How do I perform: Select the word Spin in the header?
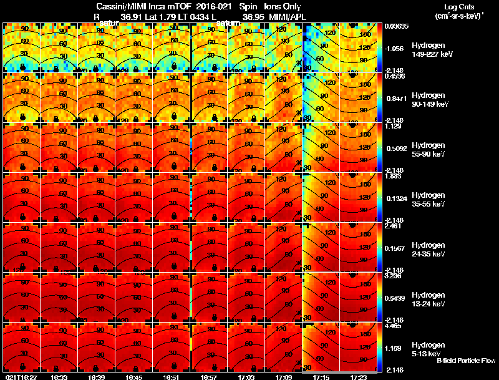pyautogui.click(x=248, y=7)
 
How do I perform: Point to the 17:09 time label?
pyautogui.click(x=284, y=377)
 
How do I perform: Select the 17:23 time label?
pyautogui.click(x=359, y=377)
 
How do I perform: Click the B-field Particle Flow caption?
pyautogui.click(x=465, y=361)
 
